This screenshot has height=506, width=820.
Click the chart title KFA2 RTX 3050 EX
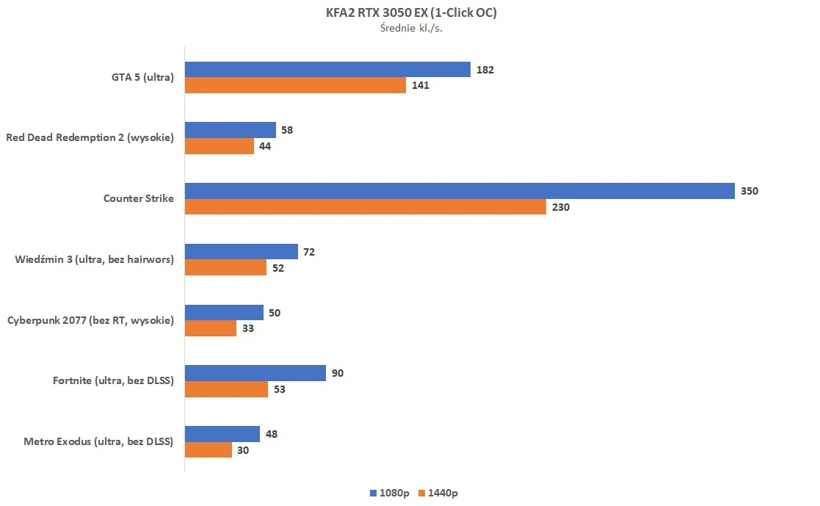click(x=410, y=12)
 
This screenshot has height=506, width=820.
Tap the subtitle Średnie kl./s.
click(x=410, y=29)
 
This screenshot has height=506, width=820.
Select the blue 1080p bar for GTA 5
click(x=327, y=70)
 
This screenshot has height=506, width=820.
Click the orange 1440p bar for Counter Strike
click(x=365, y=207)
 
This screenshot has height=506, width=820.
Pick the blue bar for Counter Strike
click(x=460, y=191)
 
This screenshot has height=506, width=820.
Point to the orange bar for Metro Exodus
click(x=208, y=450)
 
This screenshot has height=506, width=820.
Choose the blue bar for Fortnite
click(x=255, y=373)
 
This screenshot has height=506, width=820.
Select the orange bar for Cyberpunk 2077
click(x=211, y=328)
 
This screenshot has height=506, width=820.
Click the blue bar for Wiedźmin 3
click(x=241, y=252)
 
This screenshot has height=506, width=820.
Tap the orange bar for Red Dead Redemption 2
click(x=219, y=146)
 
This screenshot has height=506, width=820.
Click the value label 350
click(x=750, y=191)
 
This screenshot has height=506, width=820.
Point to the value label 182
click(x=485, y=70)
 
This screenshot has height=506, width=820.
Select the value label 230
click(x=561, y=207)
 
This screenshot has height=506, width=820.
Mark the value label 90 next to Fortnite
click(x=337, y=373)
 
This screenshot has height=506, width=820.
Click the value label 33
click(x=248, y=328)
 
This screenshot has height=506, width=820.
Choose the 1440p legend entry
click(x=438, y=493)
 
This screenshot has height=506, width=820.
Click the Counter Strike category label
click(x=139, y=198)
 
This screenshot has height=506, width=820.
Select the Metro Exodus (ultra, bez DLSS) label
click(x=98, y=441)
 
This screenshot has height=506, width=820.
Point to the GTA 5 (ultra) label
click(x=139, y=77)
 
